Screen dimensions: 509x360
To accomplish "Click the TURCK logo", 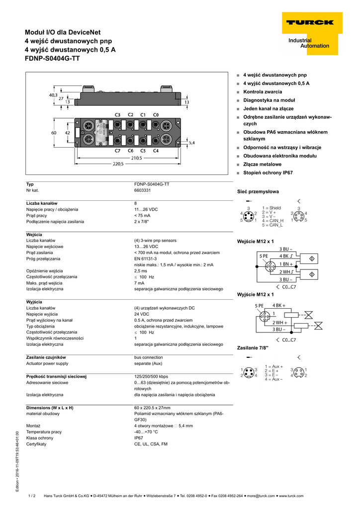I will tap(316, 22).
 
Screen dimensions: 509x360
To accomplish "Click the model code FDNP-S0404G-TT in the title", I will tap(52, 58).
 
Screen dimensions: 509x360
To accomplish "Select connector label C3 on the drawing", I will tap(117, 115).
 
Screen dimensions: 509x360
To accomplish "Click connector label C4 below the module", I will tap(156, 150).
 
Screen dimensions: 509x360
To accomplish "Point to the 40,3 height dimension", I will tap(53, 94).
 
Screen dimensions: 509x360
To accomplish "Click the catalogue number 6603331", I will tap(143, 190).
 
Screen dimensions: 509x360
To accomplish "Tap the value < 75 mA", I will tap(142, 215).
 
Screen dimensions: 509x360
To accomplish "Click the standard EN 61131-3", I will tap(145, 258).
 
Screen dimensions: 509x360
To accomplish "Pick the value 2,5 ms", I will tap(141, 271).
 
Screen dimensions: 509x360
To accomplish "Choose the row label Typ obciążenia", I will tap(44, 326).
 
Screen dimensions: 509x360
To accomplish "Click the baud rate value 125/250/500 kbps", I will tap(151, 376).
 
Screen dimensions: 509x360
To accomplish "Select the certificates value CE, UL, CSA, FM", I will tap(151, 444).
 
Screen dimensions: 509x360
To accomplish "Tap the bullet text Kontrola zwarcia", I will tap(262, 92).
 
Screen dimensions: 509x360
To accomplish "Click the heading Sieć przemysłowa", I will tap(258, 191).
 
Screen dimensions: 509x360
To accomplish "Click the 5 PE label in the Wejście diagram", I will tap(262, 255).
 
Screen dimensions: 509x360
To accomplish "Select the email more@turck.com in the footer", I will tap(260, 496).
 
